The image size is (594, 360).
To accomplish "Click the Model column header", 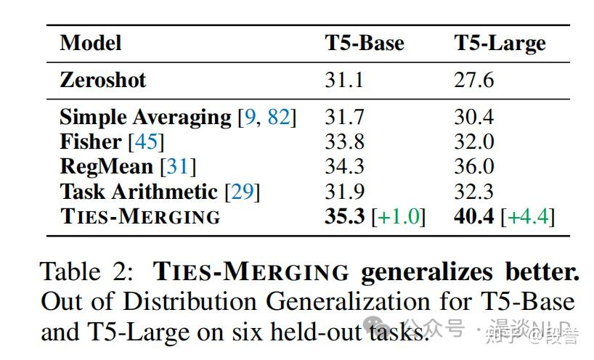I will (90, 43).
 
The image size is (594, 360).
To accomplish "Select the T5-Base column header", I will (364, 43).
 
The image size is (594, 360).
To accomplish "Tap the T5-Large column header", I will (500, 43).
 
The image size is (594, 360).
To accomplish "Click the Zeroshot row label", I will (102, 79).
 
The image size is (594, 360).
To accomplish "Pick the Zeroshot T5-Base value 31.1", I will (344, 79).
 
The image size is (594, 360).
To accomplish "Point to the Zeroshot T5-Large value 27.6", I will (474, 79).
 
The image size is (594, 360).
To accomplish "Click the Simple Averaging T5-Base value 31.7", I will (344, 117).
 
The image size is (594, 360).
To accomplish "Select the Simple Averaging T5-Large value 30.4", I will (474, 117).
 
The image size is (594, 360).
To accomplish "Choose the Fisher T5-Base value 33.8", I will (344, 142).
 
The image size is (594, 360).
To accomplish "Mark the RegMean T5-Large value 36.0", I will (474, 166).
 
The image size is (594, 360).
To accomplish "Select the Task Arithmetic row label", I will (138, 191).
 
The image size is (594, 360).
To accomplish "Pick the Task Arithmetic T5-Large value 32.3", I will (474, 191).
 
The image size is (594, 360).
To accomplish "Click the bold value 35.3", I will (344, 216).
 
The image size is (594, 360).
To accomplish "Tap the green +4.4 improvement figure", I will (529, 216).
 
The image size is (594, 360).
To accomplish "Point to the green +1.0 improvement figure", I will (399, 216).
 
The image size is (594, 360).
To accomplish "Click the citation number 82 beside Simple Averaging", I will (278, 118).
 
